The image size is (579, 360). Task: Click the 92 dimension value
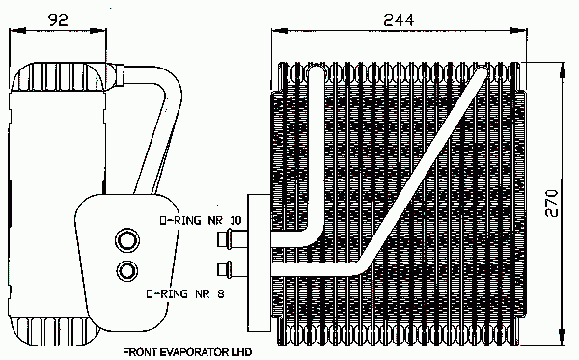(x=58, y=20)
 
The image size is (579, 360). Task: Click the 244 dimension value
(x=399, y=20)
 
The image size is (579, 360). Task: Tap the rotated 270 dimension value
(x=551, y=203)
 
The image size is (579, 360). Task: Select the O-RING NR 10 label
(x=200, y=220)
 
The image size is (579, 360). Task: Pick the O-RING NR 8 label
(x=185, y=294)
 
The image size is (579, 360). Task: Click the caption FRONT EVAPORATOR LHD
(x=187, y=352)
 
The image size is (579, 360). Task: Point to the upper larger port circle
(x=127, y=240)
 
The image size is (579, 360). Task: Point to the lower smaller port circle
(x=127, y=271)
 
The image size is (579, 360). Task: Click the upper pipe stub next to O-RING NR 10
(x=232, y=238)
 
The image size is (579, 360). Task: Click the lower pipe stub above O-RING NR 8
(x=232, y=269)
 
